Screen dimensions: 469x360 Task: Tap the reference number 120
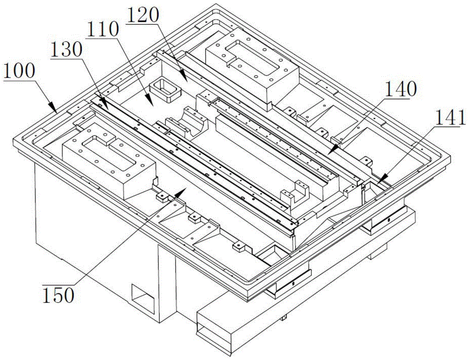[143, 15]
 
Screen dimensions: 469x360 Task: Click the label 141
[451, 117]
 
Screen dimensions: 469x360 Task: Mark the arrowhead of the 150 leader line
[181, 193]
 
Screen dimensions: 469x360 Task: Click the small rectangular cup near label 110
[165, 89]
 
